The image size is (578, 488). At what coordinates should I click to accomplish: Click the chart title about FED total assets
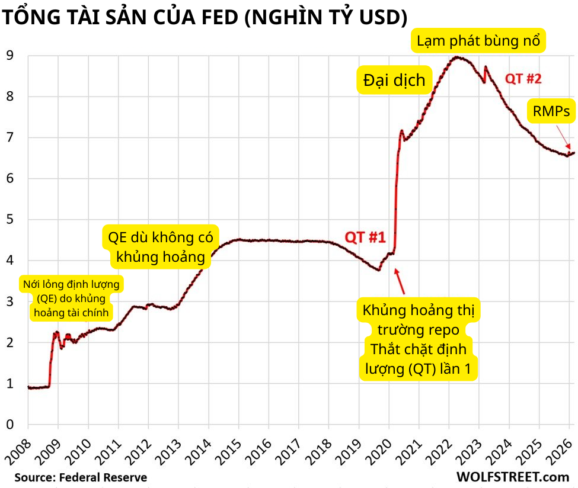click(x=205, y=17)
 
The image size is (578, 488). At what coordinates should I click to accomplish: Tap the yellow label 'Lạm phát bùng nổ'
click(x=478, y=41)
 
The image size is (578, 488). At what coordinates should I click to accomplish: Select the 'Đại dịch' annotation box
click(x=394, y=80)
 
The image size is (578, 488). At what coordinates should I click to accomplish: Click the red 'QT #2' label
click(x=523, y=78)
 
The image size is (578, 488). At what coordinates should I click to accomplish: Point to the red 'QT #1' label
click(x=365, y=237)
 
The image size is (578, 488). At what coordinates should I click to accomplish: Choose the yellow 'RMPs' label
click(x=551, y=110)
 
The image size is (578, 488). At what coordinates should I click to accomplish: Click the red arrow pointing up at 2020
click(x=400, y=281)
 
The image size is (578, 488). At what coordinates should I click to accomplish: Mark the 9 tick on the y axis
click(x=10, y=56)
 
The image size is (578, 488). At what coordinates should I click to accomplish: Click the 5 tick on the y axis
click(x=10, y=220)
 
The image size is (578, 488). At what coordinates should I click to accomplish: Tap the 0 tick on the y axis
click(x=10, y=425)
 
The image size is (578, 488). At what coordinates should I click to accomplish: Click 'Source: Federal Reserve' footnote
click(x=81, y=477)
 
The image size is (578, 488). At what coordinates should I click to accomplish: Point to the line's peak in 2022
click(x=456, y=57)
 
